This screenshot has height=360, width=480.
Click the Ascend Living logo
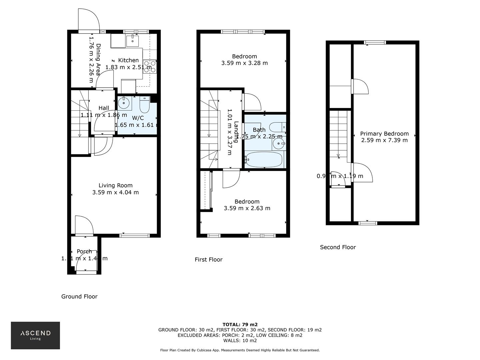click(x=35, y=335)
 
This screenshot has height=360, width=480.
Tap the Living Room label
click(x=115, y=185)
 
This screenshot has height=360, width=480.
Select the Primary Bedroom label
click(x=384, y=134)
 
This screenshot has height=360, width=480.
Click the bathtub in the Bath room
click(x=264, y=160)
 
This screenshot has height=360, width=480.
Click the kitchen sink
click(x=132, y=40)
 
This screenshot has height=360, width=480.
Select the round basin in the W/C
click(x=124, y=103)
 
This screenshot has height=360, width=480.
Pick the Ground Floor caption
click(x=79, y=296)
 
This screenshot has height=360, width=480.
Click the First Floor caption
click(x=208, y=259)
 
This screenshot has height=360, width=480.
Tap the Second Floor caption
click(x=338, y=247)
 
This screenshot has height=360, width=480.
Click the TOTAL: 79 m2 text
click(x=240, y=324)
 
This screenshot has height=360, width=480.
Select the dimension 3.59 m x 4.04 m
click(x=115, y=192)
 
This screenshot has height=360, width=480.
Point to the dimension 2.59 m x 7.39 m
click(x=384, y=140)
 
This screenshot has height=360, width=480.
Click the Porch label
click(x=84, y=251)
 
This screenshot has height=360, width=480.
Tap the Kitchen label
click(x=128, y=60)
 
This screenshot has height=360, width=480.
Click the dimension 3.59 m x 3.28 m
click(x=244, y=63)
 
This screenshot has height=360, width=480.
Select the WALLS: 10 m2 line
click(x=240, y=340)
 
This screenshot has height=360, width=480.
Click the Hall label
click(x=104, y=108)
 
